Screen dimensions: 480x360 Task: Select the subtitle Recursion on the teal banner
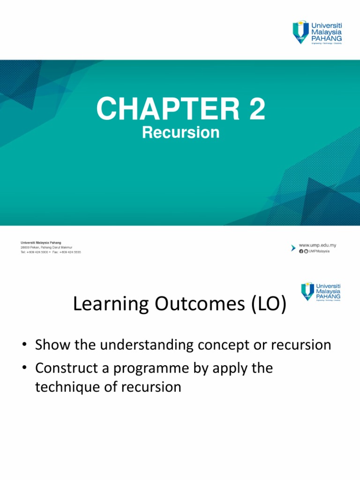coord(180,133)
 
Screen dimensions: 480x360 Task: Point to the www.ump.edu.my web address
coord(317,245)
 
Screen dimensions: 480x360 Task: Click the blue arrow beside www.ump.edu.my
coord(294,246)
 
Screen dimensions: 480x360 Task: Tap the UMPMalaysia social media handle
coord(319,251)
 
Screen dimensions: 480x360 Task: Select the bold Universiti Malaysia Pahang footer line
coord(41,243)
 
